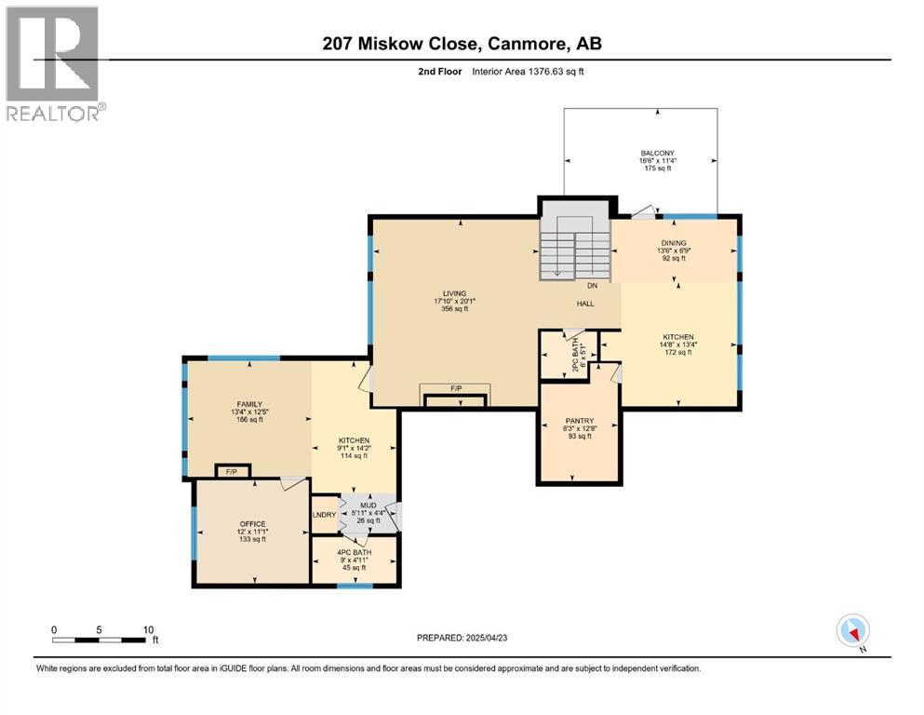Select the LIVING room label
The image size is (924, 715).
[454, 293]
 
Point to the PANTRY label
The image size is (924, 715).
[580, 422]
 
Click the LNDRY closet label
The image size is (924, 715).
[324, 513]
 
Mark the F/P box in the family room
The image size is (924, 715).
[232, 472]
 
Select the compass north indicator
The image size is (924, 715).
[852, 631]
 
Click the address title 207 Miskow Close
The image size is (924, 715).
[462, 44]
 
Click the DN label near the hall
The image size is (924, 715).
[592, 287]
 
